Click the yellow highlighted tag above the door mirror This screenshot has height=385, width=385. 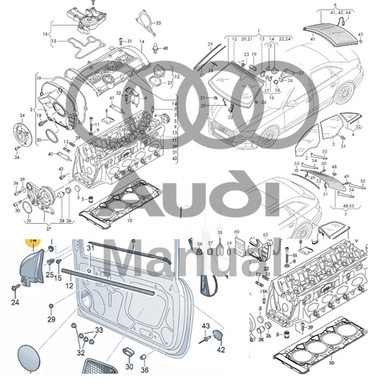[32, 240]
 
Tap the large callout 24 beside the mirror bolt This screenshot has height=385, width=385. [14, 302]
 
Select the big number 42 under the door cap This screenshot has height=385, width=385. [222, 349]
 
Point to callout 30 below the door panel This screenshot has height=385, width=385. [130, 367]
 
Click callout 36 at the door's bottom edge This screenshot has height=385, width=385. [145, 370]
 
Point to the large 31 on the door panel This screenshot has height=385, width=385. [91, 249]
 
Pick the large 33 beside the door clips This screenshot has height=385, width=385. [99, 331]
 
